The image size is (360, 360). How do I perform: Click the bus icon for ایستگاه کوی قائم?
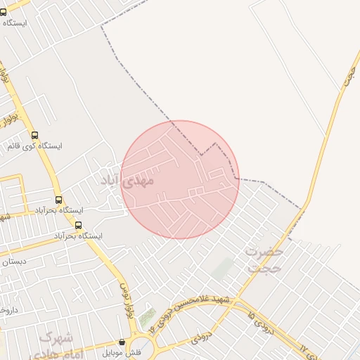coord(35,135)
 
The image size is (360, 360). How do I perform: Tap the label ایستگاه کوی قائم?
coord(34,146)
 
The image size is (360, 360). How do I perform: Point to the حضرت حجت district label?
coord(264,259)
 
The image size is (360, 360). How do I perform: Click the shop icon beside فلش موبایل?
coord(122,342)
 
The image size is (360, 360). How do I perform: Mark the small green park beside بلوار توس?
coord(147,318)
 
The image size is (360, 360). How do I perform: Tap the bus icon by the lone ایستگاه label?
coord(4,12)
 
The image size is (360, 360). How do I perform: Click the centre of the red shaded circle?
coord(180,179)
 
